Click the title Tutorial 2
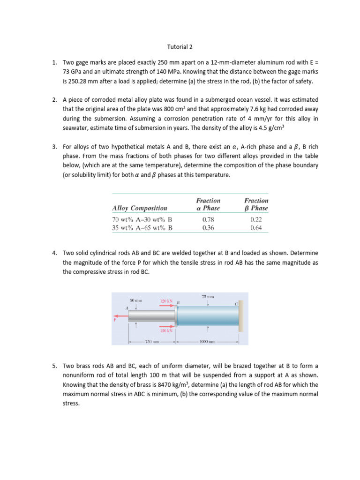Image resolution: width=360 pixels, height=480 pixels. click(180, 47)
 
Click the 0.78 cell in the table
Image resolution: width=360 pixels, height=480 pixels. click(208, 219)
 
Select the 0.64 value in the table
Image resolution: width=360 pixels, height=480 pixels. click(256, 228)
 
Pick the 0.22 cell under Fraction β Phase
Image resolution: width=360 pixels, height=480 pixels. click(256, 219)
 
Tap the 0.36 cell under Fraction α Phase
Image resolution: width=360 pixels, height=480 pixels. click(208, 228)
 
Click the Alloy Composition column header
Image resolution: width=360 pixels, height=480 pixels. click(139, 208)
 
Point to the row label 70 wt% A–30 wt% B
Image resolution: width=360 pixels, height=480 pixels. click(142, 219)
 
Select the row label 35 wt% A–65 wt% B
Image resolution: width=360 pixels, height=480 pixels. click(142, 228)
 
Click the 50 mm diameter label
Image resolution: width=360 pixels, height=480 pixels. click(135, 300)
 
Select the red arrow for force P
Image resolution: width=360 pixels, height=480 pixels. click(120, 316)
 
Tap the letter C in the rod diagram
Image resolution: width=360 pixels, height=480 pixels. click(236, 304)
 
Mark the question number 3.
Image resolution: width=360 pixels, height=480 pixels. click(55, 147)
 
